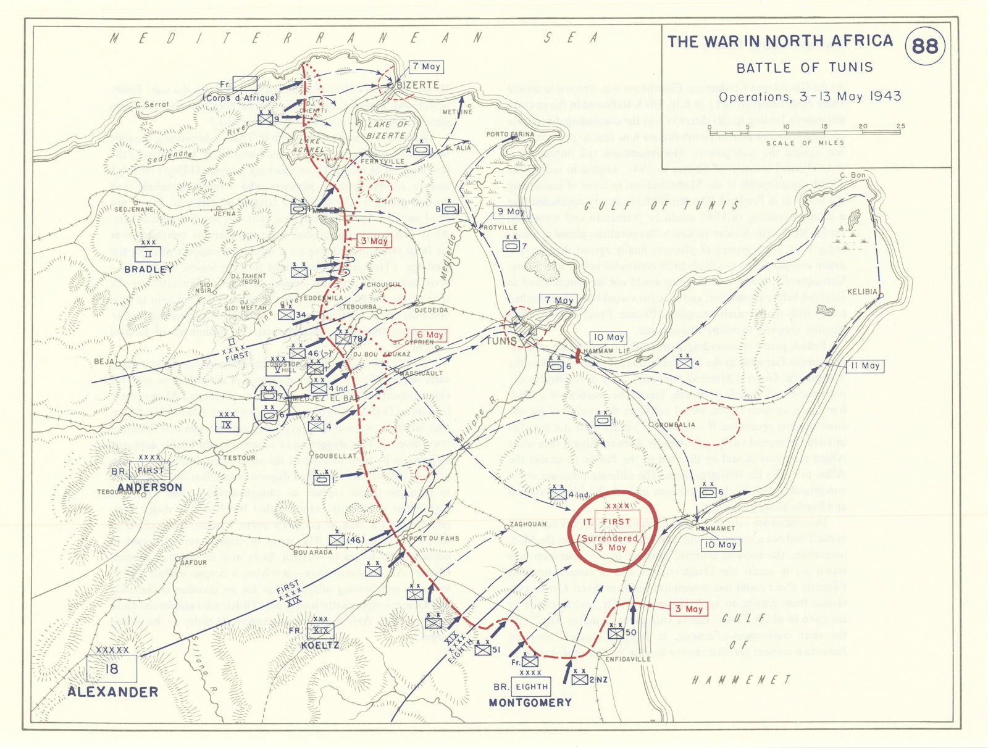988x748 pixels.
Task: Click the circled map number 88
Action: point(924,46)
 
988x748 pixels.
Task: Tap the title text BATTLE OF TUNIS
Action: point(805,67)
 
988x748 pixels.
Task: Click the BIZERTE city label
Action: point(418,85)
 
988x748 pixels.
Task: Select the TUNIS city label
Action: point(501,341)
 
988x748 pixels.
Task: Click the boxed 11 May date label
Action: point(865,366)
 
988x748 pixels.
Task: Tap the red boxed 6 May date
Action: point(430,335)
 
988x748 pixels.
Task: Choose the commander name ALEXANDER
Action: point(112,692)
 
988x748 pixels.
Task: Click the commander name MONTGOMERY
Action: point(530,702)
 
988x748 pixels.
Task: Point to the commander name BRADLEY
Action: point(149,270)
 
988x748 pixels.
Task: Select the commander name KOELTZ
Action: point(320,646)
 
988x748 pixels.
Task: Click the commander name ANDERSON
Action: point(150,487)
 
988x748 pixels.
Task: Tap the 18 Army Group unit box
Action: point(112,668)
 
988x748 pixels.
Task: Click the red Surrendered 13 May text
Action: point(609,542)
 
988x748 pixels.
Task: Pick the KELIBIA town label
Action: point(862,291)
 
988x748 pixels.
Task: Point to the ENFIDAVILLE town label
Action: point(627,659)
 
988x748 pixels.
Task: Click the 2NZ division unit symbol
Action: point(580,679)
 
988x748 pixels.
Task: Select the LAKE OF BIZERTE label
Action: point(387,130)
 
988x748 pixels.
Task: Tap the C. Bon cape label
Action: point(853,175)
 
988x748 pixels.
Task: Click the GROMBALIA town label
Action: point(676,425)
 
